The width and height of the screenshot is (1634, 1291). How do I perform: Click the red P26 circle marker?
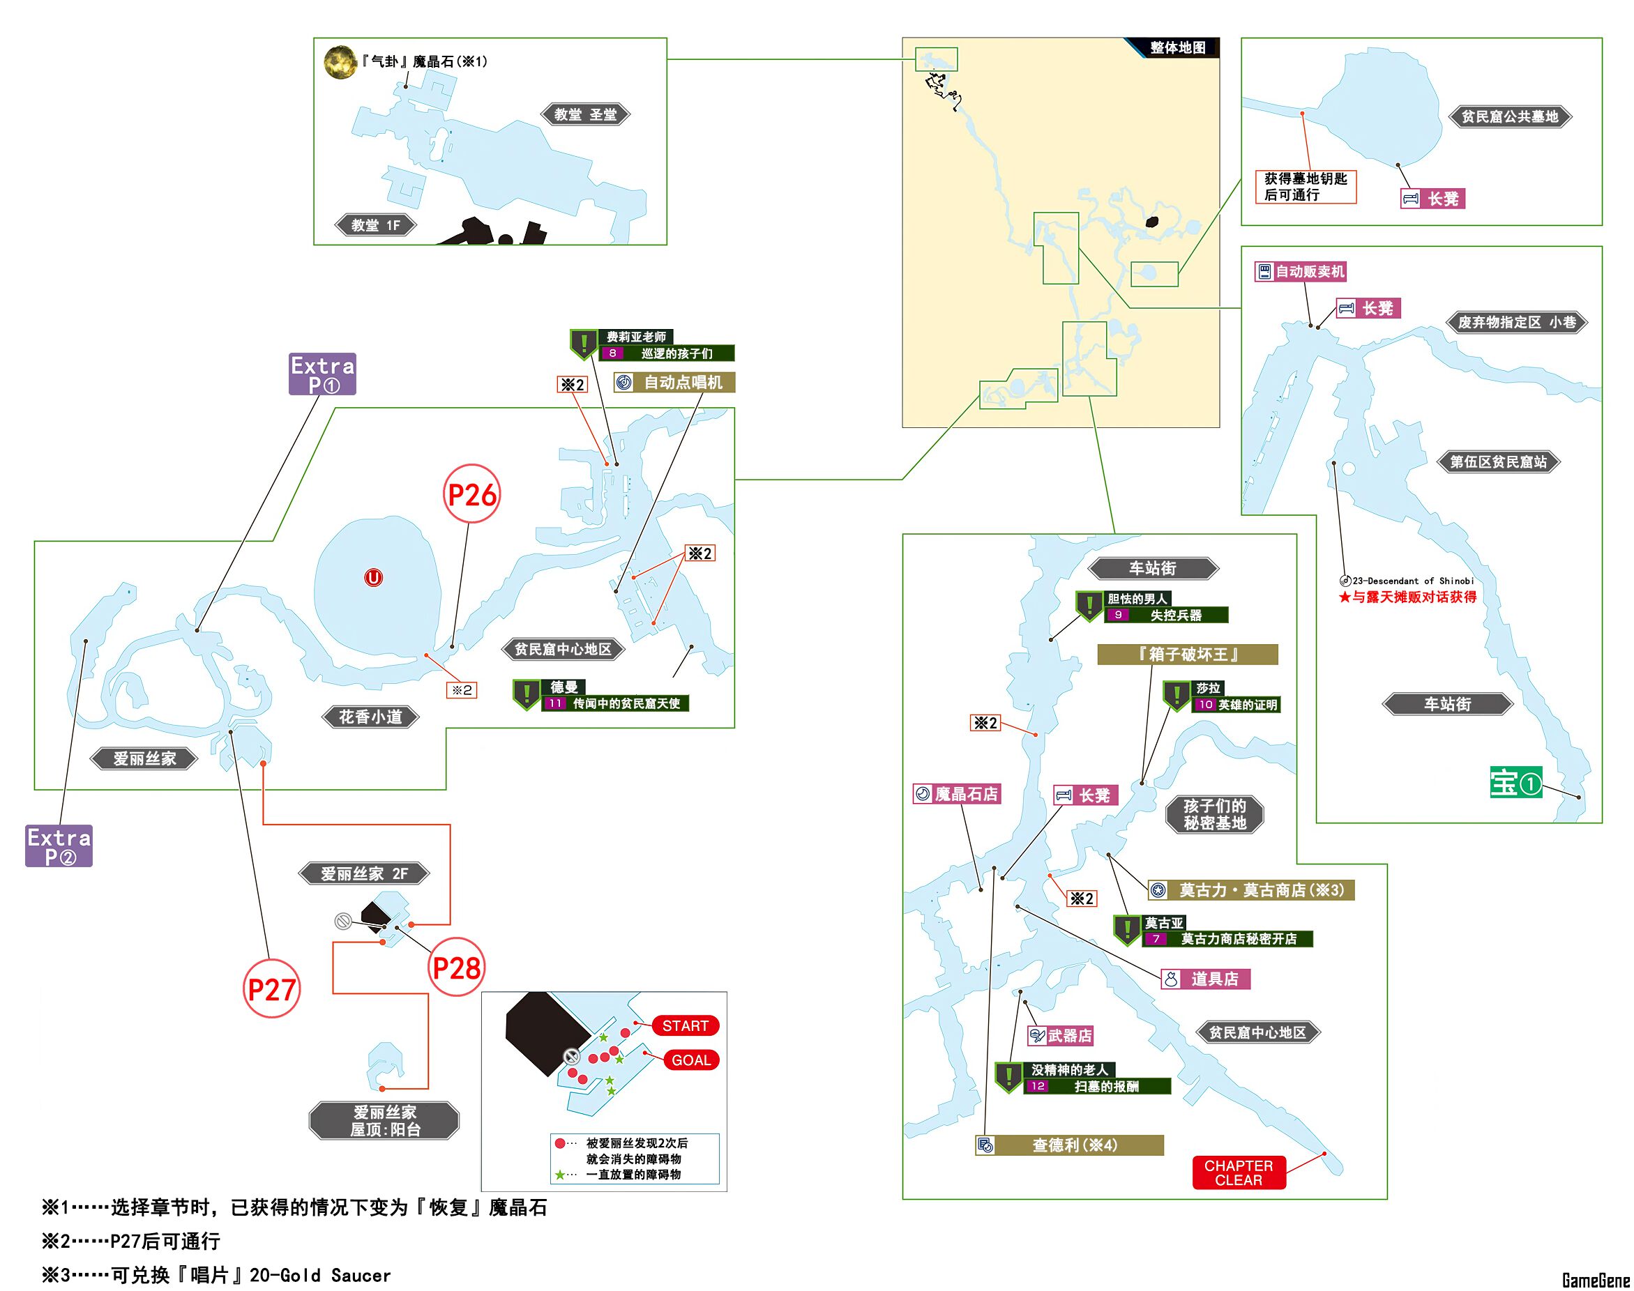tap(471, 494)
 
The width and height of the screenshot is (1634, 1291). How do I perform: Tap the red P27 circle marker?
tap(271, 988)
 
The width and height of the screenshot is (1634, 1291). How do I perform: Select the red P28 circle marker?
tap(456, 968)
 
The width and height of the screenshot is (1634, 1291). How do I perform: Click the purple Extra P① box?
tap(322, 374)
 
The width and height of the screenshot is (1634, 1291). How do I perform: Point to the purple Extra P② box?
tap(59, 846)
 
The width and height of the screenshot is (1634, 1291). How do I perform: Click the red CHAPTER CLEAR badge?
tap(1238, 1172)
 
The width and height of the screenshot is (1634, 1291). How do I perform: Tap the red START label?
tap(685, 1025)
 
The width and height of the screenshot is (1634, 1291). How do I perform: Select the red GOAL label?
tap(691, 1060)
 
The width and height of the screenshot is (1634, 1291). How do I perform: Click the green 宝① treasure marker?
tap(1515, 783)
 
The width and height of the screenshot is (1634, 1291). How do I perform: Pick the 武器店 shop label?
tap(1061, 1036)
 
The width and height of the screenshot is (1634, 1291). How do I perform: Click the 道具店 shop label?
tap(1205, 979)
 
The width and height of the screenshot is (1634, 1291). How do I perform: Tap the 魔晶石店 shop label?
tap(957, 794)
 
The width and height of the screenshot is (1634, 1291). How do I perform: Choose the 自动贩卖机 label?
tap(1301, 271)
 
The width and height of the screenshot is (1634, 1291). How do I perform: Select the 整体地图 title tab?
tap(1177, 47)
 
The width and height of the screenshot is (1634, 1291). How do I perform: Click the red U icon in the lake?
tap(373, 578)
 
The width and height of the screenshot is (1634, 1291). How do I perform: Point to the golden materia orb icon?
tap(340, 62)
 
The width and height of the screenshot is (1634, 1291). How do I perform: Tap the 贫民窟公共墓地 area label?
tap(1509, 116)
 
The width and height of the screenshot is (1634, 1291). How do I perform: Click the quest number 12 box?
tap(1038, 1086)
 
